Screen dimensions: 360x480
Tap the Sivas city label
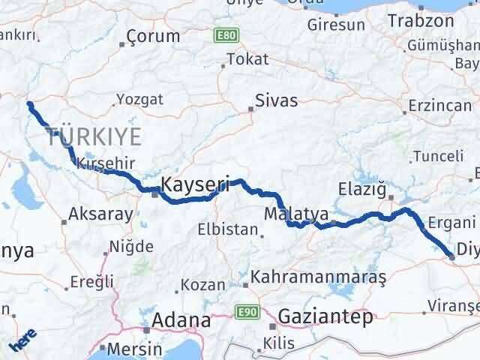[276, 101]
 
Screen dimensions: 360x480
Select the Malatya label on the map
[296, 214]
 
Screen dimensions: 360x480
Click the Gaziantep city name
[325, 317]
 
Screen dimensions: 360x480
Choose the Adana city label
[181, 321]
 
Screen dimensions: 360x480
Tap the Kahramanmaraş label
[319, 277]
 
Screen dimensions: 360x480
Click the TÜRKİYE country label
[94, 136]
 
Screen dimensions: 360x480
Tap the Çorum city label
[153, 36]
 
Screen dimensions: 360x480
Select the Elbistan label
[227, 229]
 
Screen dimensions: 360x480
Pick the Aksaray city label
[100, 214]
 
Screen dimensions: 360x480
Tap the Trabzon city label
[421, 21]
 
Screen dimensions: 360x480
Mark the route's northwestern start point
[29, 104]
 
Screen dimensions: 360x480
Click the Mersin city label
[134, 349]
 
